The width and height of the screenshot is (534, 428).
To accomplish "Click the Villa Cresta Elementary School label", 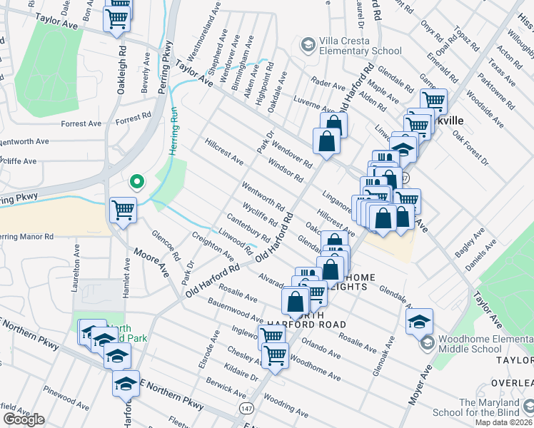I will click(x=354, y=46).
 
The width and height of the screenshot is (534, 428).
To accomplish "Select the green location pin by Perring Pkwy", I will click(x=136, y=183).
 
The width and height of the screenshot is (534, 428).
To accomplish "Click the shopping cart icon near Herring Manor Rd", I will click(x=123, y=210).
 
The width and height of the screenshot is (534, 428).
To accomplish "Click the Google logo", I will click(x=24, y=419).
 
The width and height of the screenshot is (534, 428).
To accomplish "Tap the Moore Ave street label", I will click(x=152, y=266).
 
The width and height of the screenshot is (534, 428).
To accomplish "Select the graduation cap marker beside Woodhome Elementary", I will click(x=419, y=320).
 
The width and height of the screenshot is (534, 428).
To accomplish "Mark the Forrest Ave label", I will click(x=81, y=123).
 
